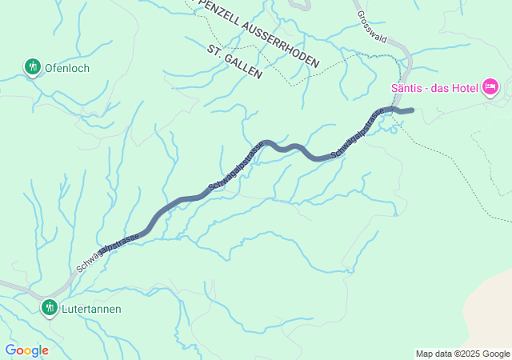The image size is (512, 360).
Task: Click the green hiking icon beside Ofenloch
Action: point(32,67)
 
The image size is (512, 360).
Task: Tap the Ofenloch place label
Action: point(67,68)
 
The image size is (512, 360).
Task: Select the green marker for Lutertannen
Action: point(50,307)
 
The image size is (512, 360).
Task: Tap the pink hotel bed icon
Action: point(490,86)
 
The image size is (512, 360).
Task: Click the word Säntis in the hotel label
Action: point(407,87)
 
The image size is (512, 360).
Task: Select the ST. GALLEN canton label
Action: point(234,61)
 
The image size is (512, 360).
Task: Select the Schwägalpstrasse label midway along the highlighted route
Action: point(235,167)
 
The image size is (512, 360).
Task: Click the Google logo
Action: point(26,350)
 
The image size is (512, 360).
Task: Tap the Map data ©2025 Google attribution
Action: point(462,354)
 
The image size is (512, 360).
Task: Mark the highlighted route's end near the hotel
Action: point(410,110)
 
